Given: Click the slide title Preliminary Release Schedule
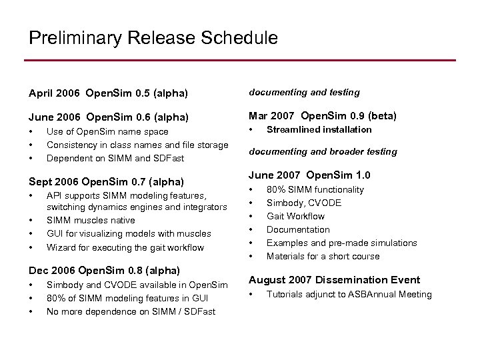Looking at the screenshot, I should pyautogui.click(x=153, y=38).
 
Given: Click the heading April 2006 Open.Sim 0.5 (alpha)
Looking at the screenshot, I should pyautogui.click(x=108, y=92).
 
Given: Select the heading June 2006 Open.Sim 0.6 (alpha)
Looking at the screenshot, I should pyautogui.click(x=108, y=117).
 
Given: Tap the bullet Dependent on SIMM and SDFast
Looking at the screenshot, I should pyautogui.click(x=115, y=158).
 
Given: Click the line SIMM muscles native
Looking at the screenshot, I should pyautogui.click(x=91, y=220).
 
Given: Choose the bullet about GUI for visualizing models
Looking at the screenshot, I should pyautogui.click(x=129, y=233).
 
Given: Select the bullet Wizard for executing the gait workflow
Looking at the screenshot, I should pyautogui.click(x=125, y=247).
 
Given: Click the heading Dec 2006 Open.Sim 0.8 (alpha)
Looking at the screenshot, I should pyautogui.click(x=105, y=271).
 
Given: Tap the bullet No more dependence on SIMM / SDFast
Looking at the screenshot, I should pyautogui.click(x=131, y=311).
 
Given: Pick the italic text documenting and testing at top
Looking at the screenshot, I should pyautogui.click(x=304, y=92).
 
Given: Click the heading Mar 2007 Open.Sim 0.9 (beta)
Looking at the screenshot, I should pyautogui.click(x=323, y=116).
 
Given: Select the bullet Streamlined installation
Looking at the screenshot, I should pyautogui.click(x=319, y=129).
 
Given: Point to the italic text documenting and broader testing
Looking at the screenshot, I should pyautogui.click(x=323, y=151).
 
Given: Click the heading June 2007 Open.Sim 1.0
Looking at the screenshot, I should pyautogui.click(x=309, y=175).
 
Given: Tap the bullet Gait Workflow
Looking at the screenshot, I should pyautogui.click(x=295, y=216).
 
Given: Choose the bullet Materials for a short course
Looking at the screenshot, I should pyautogui.click(x=323, y=256).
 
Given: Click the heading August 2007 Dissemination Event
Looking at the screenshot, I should pyautogui.click(x=334, y=280).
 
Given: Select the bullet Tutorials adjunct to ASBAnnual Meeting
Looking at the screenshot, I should pyautogui.click(x=349, y=294).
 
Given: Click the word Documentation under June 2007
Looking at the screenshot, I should pyautogui.click(x=298, y=229).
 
